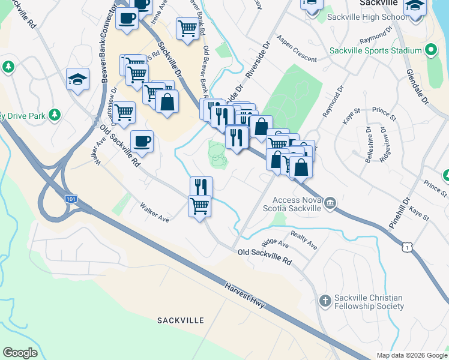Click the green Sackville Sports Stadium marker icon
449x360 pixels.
[430, 50]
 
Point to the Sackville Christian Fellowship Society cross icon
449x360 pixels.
[325, 301]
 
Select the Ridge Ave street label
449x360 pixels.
[276, 244]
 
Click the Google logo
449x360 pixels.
[20, 353]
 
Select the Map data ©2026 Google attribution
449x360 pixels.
[412, 355]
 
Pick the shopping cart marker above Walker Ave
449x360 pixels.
[200, 207]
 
